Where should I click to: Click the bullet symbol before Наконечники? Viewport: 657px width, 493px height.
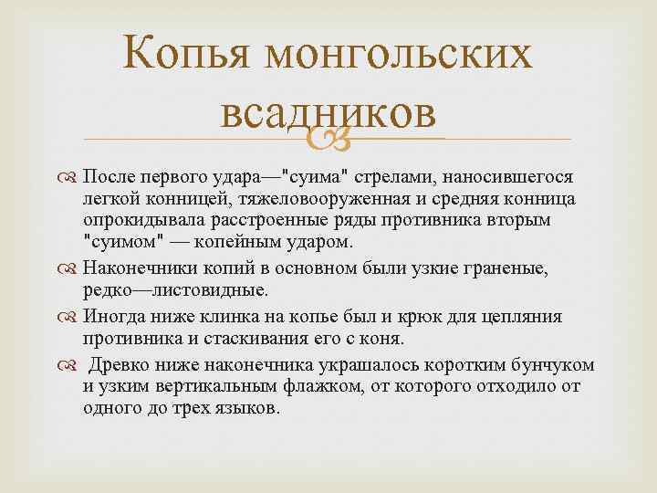[70, 267]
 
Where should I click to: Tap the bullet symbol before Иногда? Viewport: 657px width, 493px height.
[70, 316]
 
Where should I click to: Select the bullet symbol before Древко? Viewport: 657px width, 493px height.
[70, 365]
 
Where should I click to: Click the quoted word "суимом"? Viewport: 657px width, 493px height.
[116, 246]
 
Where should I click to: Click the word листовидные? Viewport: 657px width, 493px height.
[198, 290]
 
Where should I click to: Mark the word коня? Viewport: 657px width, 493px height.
[381, 340]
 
